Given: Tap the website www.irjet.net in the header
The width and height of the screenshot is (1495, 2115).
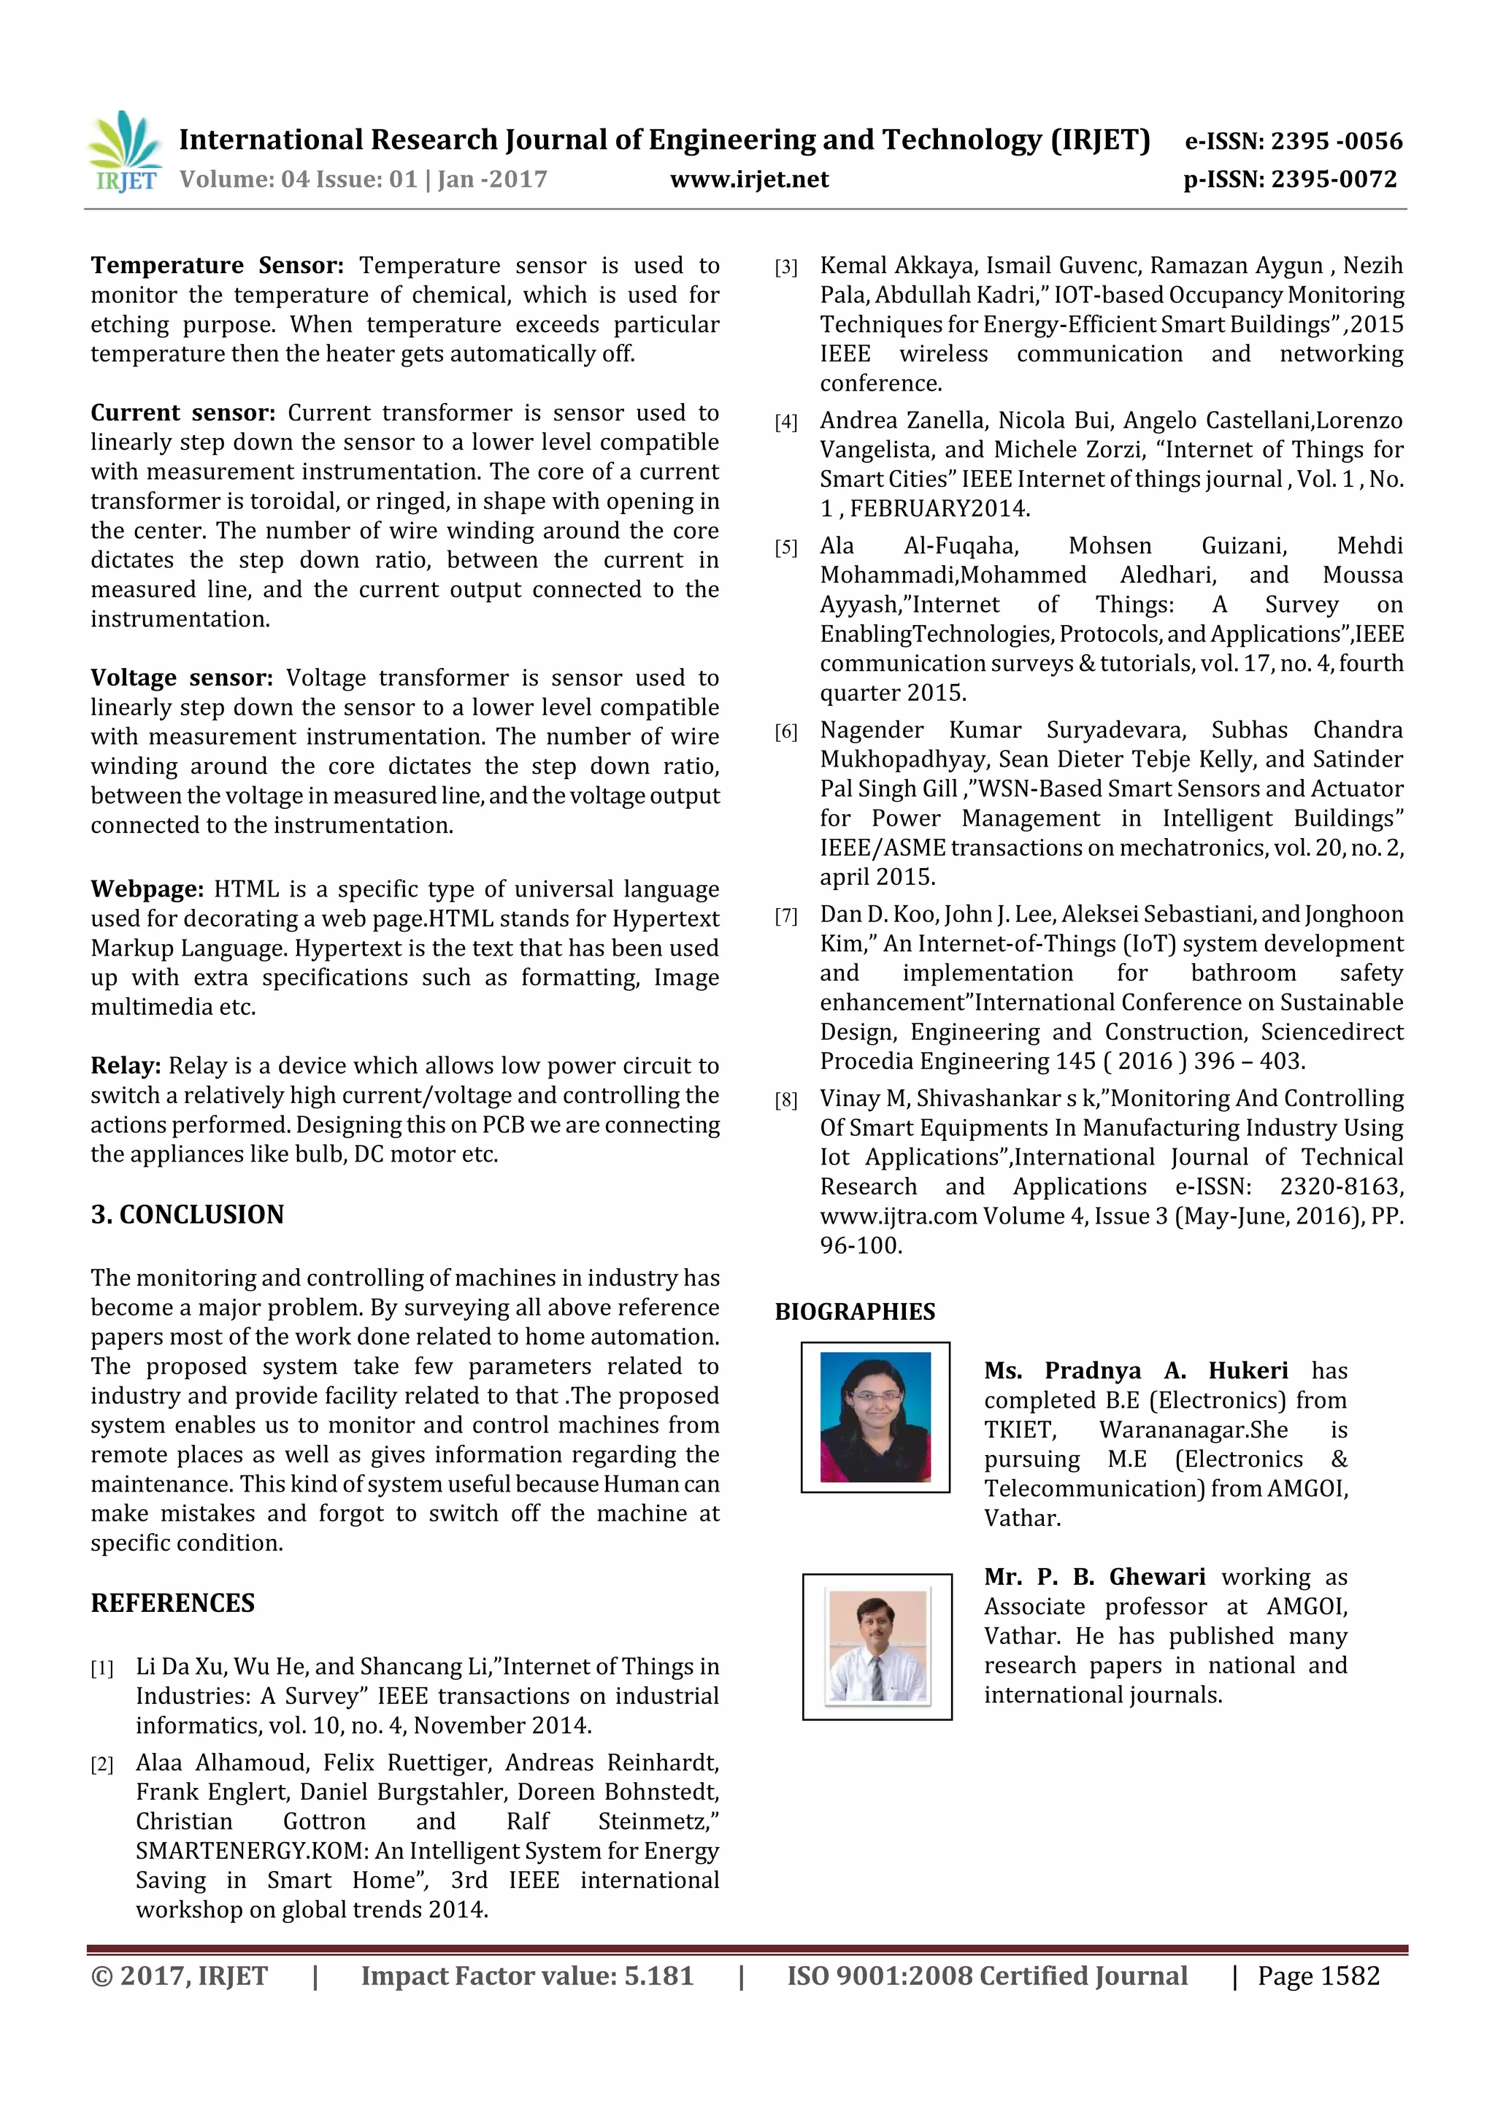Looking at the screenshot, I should coord(749,180).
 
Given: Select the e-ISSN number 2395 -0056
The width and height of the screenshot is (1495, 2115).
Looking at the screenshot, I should coord(1337,141).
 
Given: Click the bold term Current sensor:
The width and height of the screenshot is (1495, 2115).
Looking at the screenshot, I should coord(182,412).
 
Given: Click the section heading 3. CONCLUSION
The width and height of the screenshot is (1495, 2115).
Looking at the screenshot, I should coord(187,1214).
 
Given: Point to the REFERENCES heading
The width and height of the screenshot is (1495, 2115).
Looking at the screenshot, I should coord(172,1602).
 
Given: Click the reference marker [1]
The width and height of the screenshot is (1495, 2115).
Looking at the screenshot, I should coord(102,1668).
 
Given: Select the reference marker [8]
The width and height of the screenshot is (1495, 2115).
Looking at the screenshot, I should coord(785,1100).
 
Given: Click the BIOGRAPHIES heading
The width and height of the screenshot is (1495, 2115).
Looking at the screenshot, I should coord(855,1312).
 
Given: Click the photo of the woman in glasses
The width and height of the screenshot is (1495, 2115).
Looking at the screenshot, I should coord(875,1417).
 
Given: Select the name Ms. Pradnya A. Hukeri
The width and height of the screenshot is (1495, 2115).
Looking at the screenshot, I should coord(1135,1370).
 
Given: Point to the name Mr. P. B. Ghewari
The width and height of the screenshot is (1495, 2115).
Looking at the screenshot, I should coord(1094,1577).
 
